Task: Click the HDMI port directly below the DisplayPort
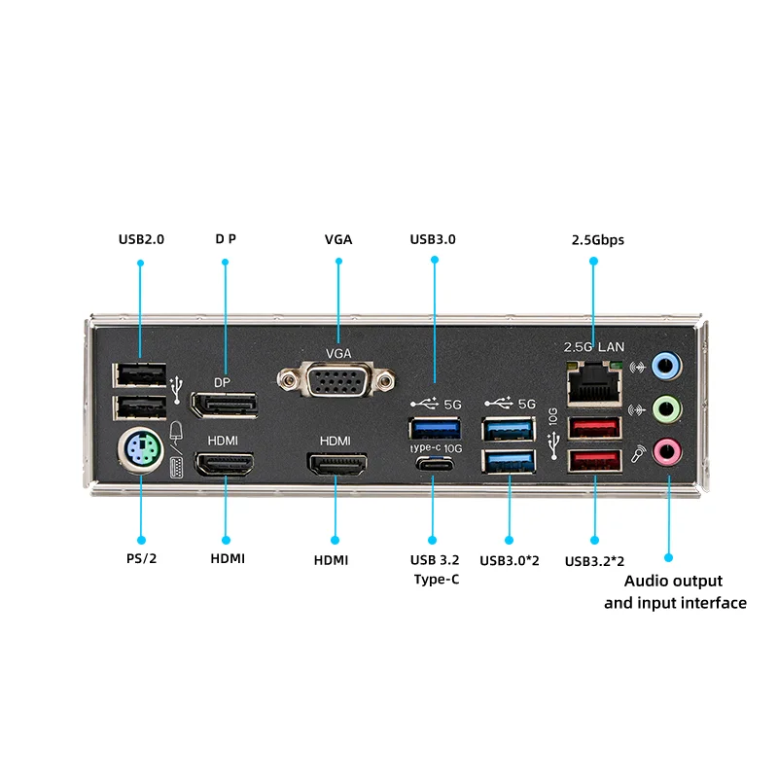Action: tap(225, 464)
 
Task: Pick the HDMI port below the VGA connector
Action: tap(336, 465)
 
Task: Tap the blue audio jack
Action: tap(664, 367)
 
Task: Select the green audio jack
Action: tap(664, 408)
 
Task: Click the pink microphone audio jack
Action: tap(664, 450)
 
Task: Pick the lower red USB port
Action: tap(593, 462)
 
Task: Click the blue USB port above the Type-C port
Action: tap(434, 427)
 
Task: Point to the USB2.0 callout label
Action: tap(141, 238)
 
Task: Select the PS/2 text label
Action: tap(141, 559)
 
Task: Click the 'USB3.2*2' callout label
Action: tap(594, 560)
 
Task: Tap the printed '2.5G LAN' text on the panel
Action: tap(594, 346)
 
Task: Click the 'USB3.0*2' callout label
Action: tap(509, 559)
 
